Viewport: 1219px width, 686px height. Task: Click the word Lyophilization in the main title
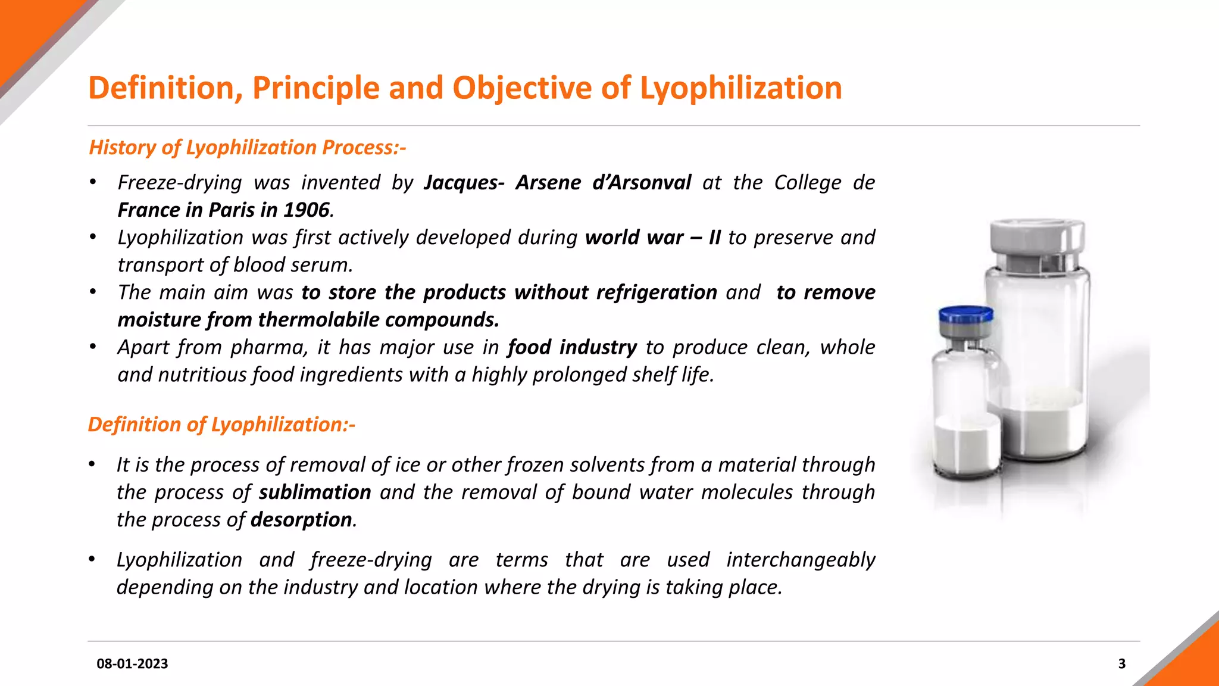pyautogui.click(x=740, y=88)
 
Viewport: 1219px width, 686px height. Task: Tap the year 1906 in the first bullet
pyautogui.click(x=306, y=210)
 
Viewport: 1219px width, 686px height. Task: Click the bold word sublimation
pyautogui.click(x=315, y=492)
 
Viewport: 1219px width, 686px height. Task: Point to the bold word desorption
pyautogui.click(x=301, y=520)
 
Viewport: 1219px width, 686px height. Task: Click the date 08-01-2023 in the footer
pyautogui.click(x=132, y=663)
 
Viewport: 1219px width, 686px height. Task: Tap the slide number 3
pyautogui.click(x=1122, y=663)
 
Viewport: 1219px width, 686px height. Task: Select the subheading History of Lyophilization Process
pyautogui.click(x=247, y=147)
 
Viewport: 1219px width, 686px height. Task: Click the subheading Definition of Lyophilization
pyautogui.click(x=221, y=425)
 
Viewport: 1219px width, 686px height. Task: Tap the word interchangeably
pyautogui.click(x=801, y=560)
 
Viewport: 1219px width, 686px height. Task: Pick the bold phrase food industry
pyautogui.click(x=572, y=347)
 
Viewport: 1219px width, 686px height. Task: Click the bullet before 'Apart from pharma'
pyautogui.click(x=93, y=347)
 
